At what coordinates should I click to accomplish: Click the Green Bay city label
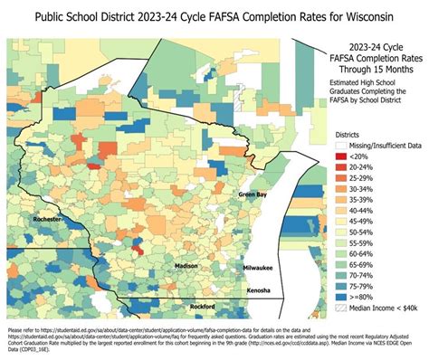tap(253, 194)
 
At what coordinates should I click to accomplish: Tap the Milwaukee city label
tap(257, 269)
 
